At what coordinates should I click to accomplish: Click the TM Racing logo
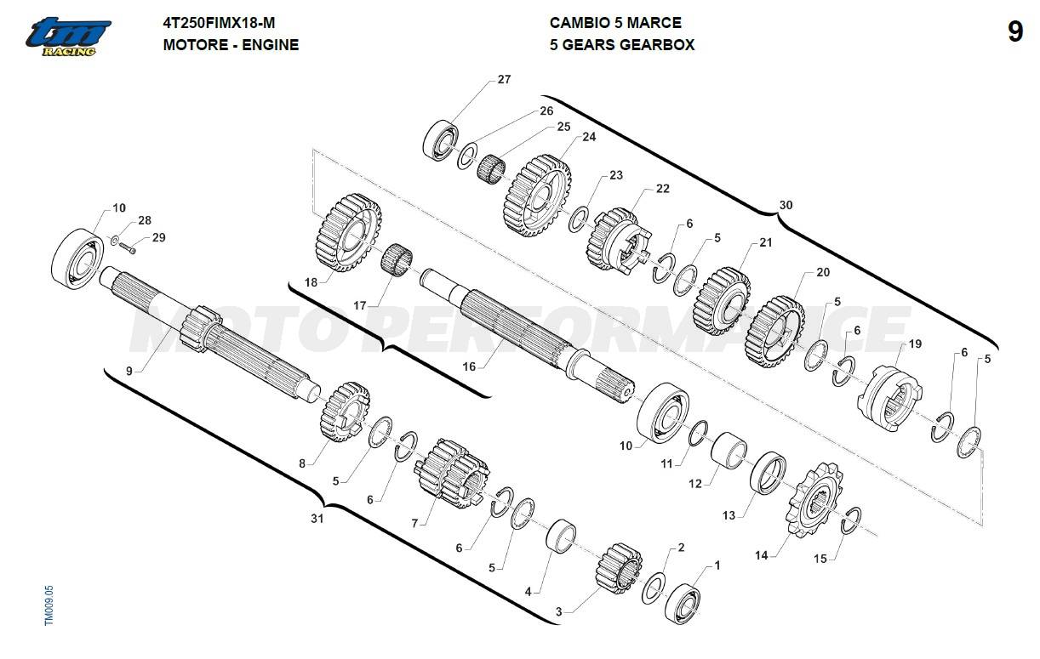pos(68,37)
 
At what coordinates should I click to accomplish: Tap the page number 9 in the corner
pos(1015,32)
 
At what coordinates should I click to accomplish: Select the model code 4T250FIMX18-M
pos(219,23)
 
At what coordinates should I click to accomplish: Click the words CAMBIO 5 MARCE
pos(615,23)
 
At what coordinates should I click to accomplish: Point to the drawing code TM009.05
pos(49,605)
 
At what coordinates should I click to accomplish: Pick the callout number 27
pos(504,79)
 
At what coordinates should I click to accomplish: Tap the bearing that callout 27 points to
pos(441,140)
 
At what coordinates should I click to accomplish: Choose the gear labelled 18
pos(348,233)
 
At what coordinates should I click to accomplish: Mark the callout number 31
pos(317,519)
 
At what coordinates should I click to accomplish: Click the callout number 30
pos(786,205)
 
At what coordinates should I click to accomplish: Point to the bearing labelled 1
pos(683,604)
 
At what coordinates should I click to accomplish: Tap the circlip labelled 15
pos(850,520)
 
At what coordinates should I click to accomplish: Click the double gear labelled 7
pos(451,473)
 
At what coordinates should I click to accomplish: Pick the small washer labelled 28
pos(114,241)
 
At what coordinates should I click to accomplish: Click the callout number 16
pos(469,366)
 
